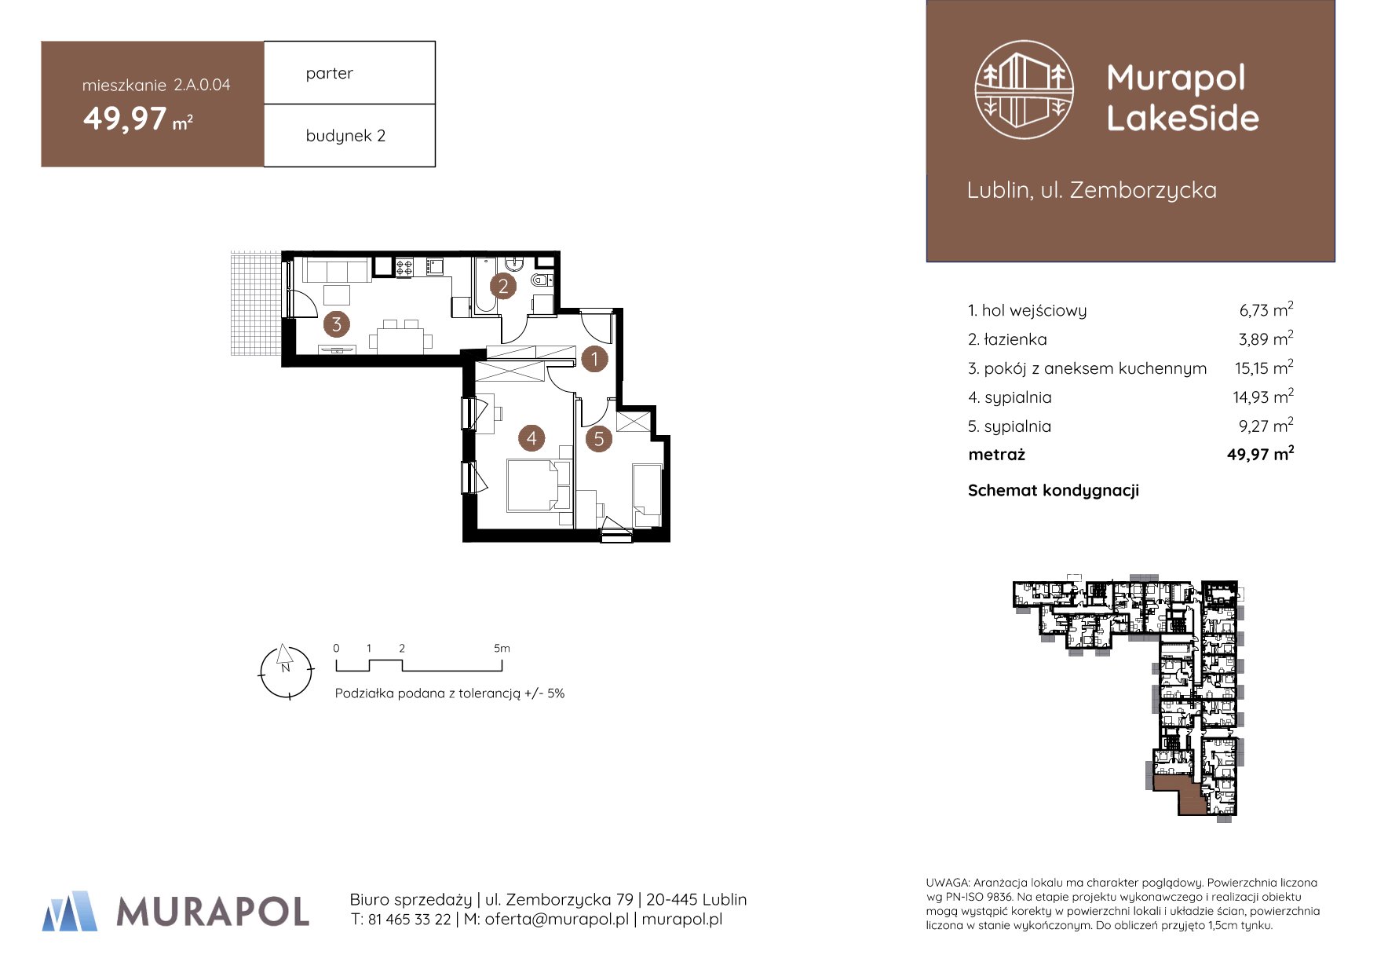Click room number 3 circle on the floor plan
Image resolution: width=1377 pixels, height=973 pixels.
pyautogui.click(x=337, y=324)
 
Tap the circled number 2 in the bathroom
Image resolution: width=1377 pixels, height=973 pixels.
pyautogui.click(x=503, y=286)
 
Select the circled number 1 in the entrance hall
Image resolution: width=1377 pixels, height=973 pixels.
pyautogui.click(x=594, y=359)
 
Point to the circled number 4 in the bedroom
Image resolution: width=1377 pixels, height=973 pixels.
pyautogui.click(x=531, y=437)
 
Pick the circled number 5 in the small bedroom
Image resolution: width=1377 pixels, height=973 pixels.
pyautogui.click(x=599, y=438)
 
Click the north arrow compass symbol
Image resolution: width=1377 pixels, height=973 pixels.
pyautogui.click(x=287, y=671)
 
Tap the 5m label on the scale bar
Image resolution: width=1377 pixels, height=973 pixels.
pyautogui.click(x=502, y=648)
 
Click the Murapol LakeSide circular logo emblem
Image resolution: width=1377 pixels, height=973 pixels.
pyautogui.click(x=1024, y=90)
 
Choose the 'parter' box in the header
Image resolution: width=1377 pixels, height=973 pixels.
pyautogui.click(x=349, y=72)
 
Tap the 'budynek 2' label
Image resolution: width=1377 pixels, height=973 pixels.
pyautogui.click(x=345, y=136)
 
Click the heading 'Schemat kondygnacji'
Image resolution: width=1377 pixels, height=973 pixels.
pyautogui.click(x=1053, y=491)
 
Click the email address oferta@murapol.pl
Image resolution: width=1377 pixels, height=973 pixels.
pyautogui.click(x=557, y=920)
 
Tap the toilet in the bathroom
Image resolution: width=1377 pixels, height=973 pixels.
pyautogui.click(x=542, y=280)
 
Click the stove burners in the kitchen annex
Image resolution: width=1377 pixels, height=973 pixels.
pyautogui.click(x=404, y=267)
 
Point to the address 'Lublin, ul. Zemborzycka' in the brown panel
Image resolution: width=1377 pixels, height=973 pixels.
pyautogui.click(x=1091, y=190)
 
